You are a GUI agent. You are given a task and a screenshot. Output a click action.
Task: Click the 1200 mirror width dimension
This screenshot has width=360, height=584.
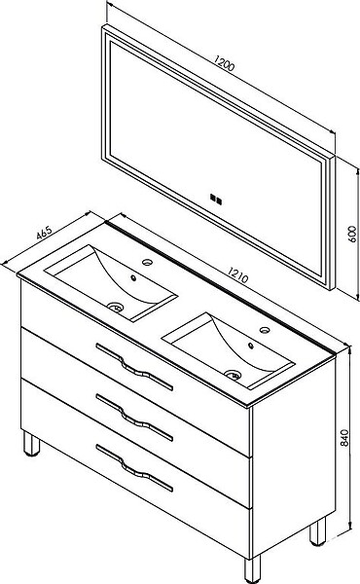click(224, 63)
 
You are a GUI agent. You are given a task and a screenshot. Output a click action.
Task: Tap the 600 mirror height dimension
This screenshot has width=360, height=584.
click(352, 234)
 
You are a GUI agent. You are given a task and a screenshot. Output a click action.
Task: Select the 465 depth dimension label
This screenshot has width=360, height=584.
click(44, 234)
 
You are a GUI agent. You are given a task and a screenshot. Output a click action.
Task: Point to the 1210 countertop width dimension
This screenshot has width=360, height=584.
click(237, 274)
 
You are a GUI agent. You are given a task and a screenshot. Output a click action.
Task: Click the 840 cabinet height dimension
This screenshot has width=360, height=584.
click(344, 438)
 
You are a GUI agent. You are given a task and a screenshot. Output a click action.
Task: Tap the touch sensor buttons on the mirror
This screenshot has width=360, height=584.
click(216, 199)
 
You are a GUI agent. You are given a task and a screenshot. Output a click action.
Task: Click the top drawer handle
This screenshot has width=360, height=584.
click(134, 367)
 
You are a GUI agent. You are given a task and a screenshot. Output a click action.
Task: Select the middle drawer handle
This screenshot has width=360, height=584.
click(134, 418)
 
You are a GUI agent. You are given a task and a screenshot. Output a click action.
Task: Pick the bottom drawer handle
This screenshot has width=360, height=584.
click(134, 468)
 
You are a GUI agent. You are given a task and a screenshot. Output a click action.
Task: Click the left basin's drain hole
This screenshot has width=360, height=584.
click(116, 307)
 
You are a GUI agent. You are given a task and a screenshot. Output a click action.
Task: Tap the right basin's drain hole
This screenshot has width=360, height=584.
click(234, 375)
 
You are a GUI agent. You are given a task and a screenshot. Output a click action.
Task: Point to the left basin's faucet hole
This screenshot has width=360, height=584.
click(148, 262)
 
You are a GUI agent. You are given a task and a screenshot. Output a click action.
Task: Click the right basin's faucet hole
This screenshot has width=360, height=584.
click(265, 330)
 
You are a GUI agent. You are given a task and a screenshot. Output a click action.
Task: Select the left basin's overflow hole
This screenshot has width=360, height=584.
click(133, 277)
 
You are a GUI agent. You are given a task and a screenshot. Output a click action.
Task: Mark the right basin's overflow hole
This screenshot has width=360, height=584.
click(251, 346)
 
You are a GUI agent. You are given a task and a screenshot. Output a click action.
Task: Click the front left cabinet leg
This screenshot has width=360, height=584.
click(31, 443)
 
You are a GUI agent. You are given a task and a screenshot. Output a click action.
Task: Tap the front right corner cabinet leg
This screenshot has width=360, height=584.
click(252, 569)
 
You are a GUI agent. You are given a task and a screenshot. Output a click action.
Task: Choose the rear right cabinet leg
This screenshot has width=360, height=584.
click(317, 530)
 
